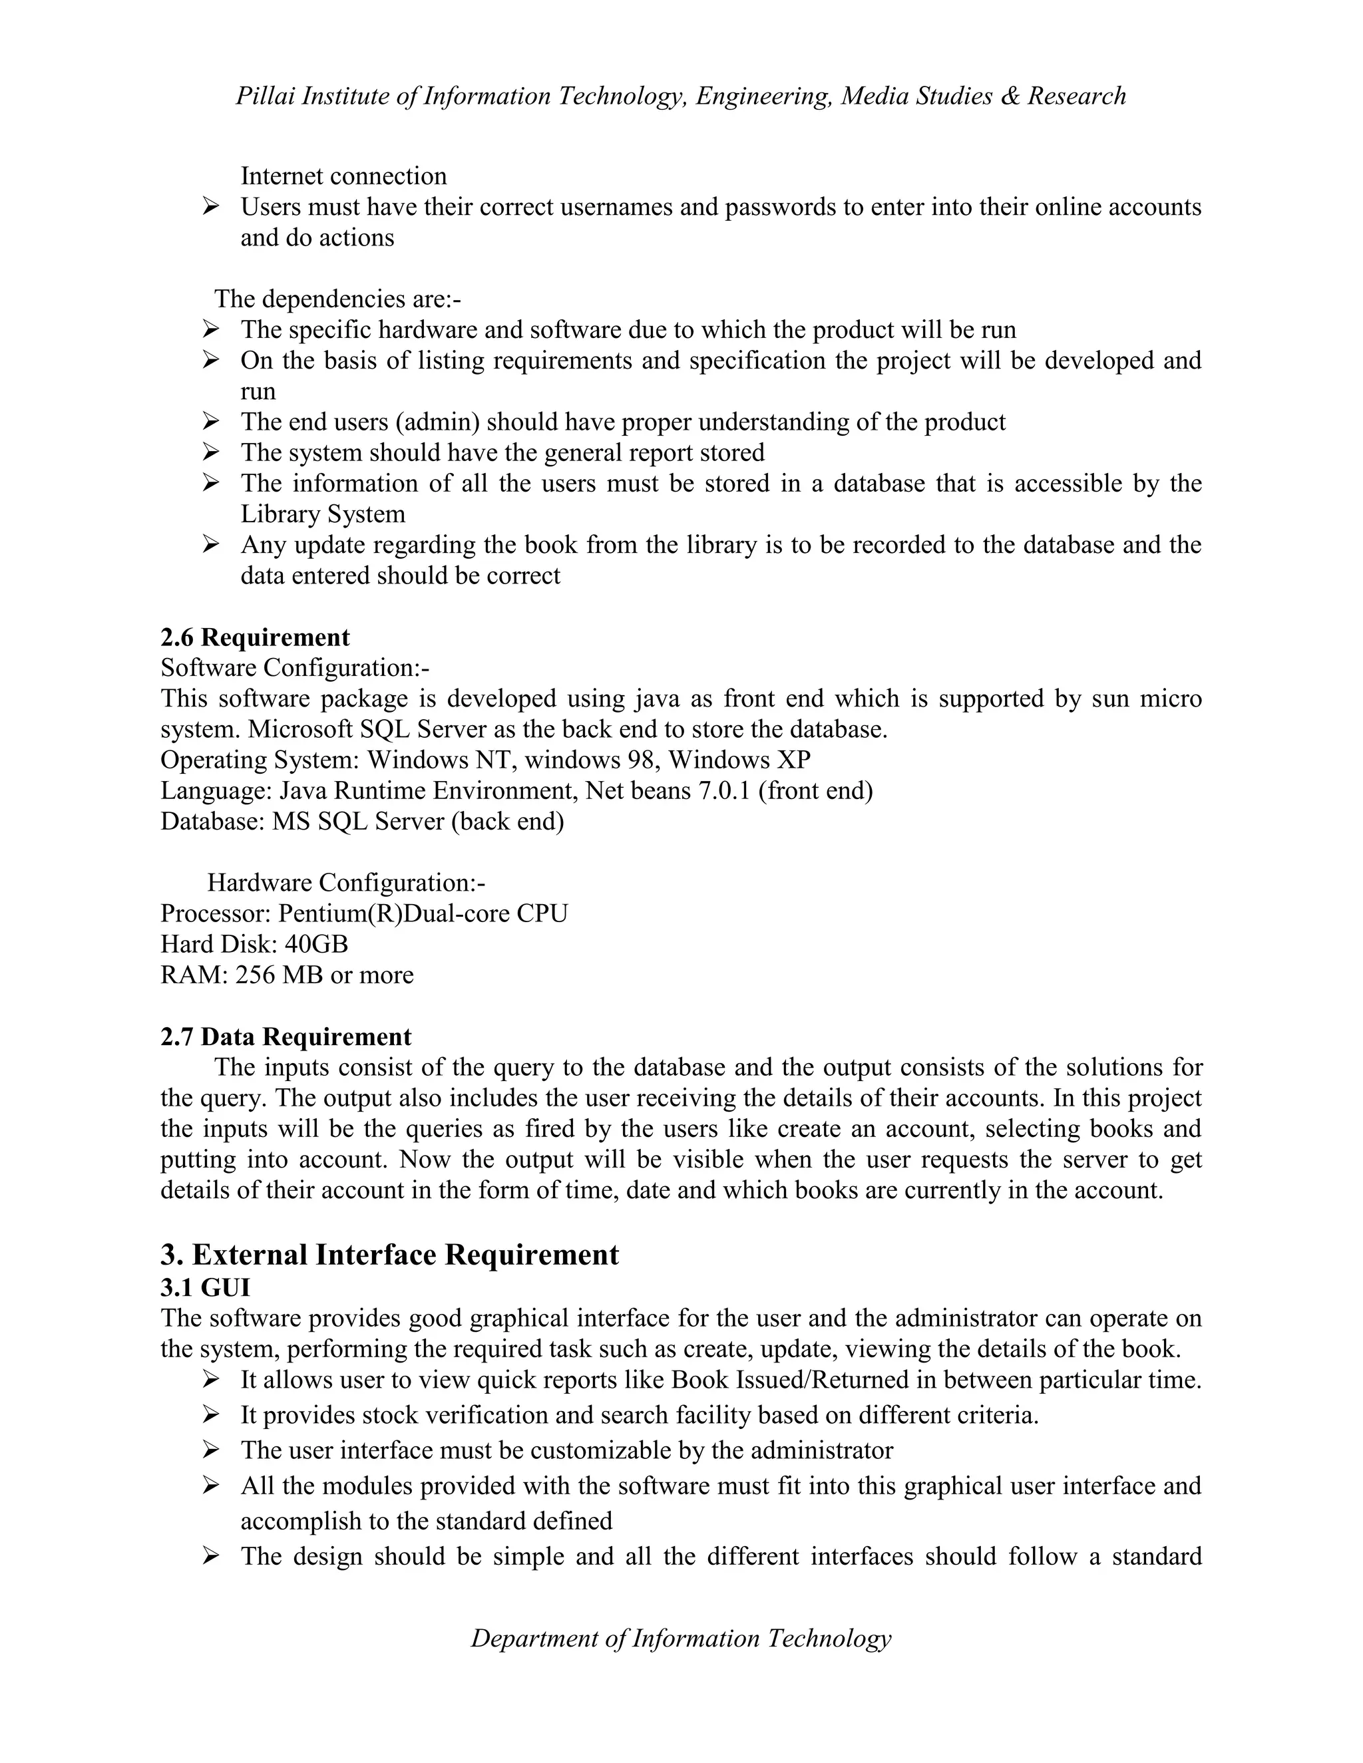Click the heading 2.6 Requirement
[255, 638]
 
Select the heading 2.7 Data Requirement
[286, 1037]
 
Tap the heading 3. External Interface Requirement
[389, 1255]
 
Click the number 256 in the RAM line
[255, 975]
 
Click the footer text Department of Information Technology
[681, 1638]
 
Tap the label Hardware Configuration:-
[346, 883]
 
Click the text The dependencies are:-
[337, 299]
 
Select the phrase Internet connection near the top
[343, 176]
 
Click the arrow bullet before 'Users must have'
[211, 208]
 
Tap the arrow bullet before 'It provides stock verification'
[211, 1415]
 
